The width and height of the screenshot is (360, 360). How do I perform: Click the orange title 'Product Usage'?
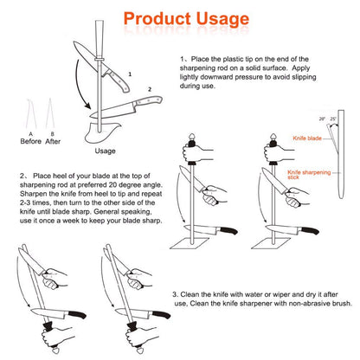point(186,19)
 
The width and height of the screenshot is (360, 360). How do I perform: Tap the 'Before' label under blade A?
point(31,141)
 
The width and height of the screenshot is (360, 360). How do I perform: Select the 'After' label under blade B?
point(53,141)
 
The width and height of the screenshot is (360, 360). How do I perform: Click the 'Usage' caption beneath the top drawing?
point(106,151)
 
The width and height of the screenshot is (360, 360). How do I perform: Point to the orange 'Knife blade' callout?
point(307,138)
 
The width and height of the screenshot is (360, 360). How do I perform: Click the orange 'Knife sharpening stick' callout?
point(309,175)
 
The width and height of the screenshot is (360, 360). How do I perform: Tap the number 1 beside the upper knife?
point(130,74)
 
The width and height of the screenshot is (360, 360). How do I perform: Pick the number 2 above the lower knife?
point(150,89)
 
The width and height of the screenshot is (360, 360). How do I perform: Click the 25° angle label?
point(333,119)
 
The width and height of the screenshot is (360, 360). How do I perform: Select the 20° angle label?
point(322,119)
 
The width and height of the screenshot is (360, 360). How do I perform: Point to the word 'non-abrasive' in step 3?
point(310,304)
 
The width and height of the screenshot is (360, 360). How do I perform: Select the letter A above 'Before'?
point(30,134)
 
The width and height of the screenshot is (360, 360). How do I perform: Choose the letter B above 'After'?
point(53,134)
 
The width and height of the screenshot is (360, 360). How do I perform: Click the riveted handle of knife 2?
point(149,100)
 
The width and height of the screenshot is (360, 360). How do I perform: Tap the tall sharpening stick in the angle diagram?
point(341,154)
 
